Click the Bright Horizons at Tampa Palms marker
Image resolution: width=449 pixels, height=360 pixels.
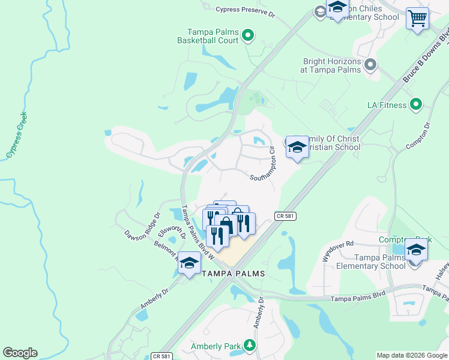coord(370,64)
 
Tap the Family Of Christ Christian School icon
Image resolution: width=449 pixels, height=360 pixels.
coord(297,148)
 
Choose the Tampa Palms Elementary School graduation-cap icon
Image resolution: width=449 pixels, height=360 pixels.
coord(416,250)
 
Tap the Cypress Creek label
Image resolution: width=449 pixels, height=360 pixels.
coord(16,136)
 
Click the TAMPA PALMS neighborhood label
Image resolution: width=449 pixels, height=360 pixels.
coord(233,273)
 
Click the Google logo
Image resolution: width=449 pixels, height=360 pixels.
coord(20,353)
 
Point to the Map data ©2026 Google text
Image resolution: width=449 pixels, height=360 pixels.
coord(412,355)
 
